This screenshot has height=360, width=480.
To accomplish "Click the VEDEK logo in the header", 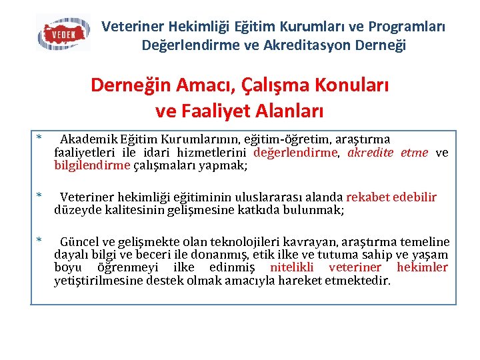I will point(63,33).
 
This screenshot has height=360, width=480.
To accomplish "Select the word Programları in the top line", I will point(407,27).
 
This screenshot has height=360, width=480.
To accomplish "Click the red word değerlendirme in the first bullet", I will point(296,153).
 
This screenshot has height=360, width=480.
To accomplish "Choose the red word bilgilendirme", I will point(92,165).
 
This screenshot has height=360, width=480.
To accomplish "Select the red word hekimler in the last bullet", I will point(422,267).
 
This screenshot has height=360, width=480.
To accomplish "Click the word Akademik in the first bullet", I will point(89,139).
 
